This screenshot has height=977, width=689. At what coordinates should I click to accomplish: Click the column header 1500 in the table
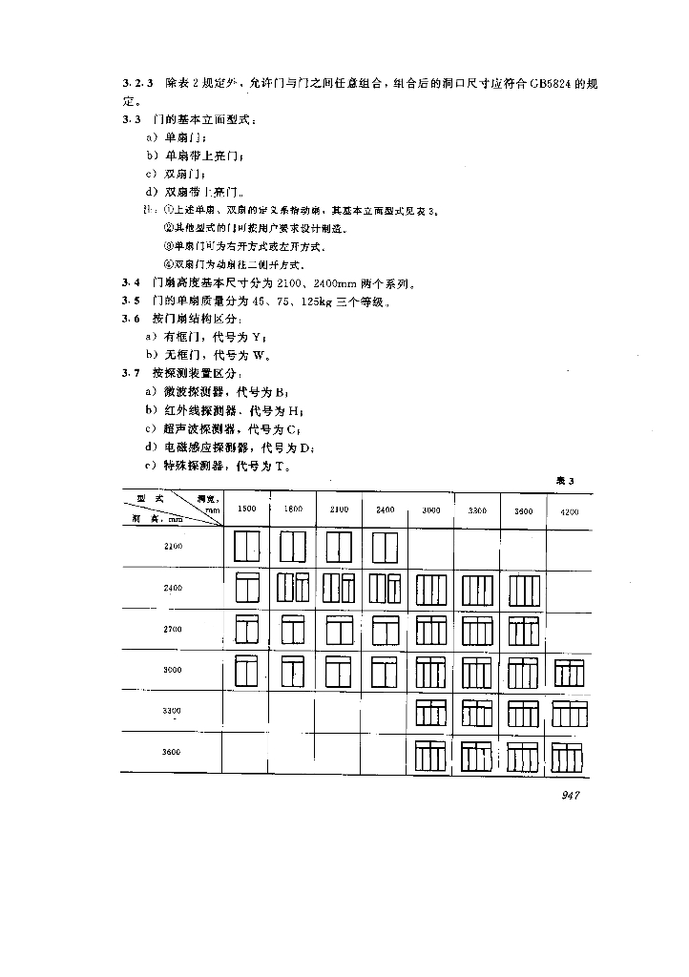tap(247, 509)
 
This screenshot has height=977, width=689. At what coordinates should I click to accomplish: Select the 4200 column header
tap(570, 510)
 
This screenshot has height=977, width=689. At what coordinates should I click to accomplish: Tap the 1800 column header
tap(293, 509)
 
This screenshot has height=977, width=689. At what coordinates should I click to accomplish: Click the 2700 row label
tap(172, 630)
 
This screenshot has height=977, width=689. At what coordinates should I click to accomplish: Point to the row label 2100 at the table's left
tap(172, 547)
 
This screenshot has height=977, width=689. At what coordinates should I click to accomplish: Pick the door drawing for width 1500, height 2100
tap(247, 547)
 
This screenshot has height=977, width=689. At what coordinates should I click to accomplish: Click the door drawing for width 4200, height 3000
tap(570, 673)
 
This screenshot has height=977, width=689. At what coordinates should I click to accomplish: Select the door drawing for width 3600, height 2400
tap(524, 589)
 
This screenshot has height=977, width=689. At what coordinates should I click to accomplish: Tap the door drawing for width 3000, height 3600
tap(431, 756)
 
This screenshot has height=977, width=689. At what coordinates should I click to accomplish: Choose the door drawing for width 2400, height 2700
tap(385, 630)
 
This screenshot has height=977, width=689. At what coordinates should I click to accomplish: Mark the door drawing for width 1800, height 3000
tap(293, 673)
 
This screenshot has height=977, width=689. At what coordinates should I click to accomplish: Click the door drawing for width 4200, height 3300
tap(570, 714)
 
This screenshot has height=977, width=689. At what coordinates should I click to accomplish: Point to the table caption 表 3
tap(565, 481)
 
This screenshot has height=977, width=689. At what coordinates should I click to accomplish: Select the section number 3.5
tap(131, 301)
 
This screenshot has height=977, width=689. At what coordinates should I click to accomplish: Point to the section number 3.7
tap(131, 373)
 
